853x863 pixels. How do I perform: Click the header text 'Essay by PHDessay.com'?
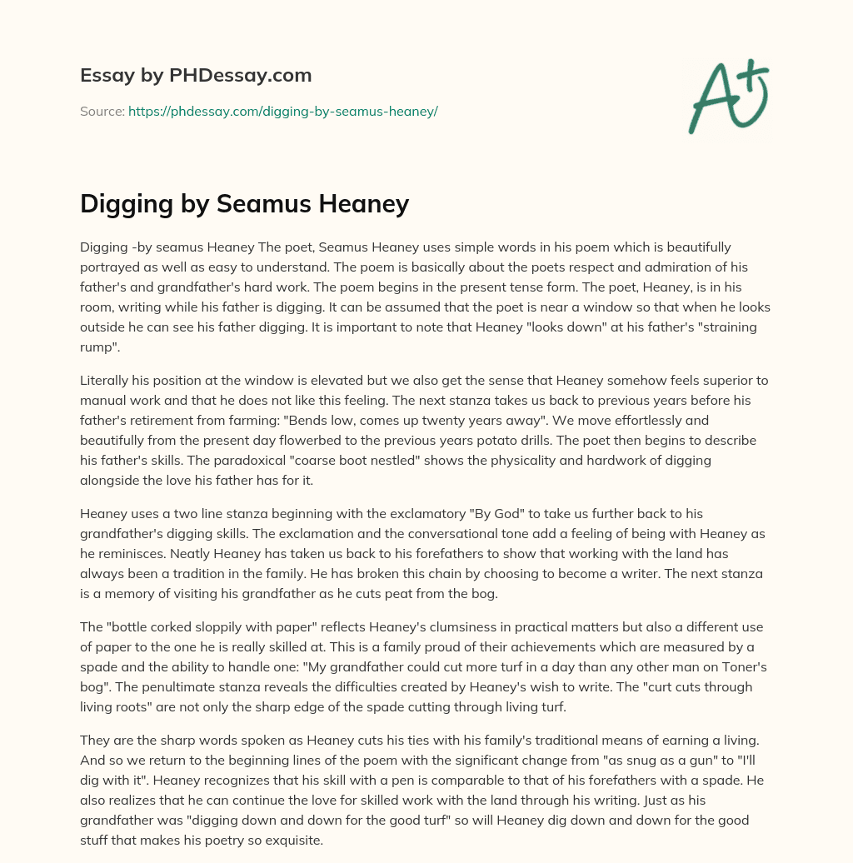[196, 76]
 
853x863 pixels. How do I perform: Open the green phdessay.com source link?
[282, 111]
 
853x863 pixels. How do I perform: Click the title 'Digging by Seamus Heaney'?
[244, 202]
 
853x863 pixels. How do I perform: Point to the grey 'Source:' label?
[102, 111]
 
